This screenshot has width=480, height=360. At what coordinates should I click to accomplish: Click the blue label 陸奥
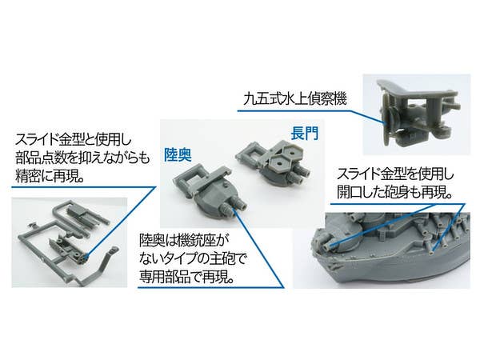[x=178, y=154]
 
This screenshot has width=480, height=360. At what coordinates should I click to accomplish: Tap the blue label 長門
[x=305, y=133]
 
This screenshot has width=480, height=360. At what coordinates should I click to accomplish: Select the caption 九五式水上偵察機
[x=295, y=99]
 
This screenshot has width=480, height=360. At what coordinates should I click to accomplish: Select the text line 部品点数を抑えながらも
[x=82, y=158]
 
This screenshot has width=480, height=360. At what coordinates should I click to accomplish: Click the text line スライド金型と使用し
[x=74, y=141]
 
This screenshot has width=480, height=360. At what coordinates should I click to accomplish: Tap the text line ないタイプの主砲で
[x=193, y=259]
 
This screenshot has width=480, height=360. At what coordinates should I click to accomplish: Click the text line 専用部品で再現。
[x=187, y=277]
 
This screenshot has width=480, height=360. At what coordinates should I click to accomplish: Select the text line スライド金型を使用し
[x=395, y=174]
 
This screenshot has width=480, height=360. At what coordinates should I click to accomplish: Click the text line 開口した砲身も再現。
[x=394, y=193]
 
